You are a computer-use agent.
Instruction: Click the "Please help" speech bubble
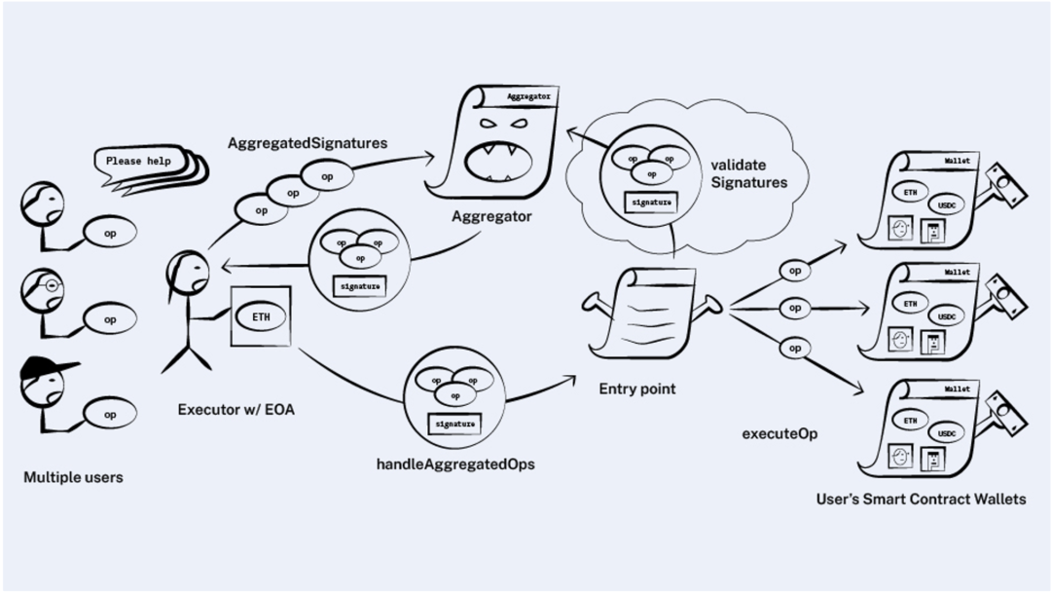click(138, 161)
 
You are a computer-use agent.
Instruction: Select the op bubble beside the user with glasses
click(110, 318)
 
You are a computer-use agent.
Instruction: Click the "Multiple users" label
click(73, 478)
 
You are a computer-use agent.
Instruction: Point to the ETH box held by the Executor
click(262, 316)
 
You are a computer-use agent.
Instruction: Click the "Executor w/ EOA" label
click(236, 410)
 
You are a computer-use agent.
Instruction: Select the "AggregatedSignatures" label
click(308, 143)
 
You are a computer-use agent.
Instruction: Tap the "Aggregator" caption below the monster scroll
click(491, 217)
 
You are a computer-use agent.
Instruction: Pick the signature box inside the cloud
click(651, 203)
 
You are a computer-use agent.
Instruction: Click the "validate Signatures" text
click(748, 173)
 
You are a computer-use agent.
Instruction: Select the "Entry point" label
click(636, 388)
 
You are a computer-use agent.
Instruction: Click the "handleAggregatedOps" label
click(455, 464)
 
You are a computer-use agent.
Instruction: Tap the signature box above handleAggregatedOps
click(454, 424)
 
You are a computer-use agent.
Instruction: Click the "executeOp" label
click(779, 432)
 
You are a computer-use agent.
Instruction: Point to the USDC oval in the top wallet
click(946, 205)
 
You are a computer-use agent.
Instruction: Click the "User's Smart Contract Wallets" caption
click(920, 499)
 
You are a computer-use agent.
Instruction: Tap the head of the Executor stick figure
click(186, 271)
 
